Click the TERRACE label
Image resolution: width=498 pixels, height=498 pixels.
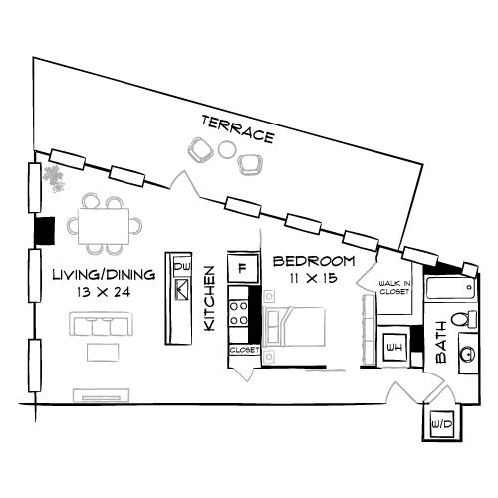(237, 128)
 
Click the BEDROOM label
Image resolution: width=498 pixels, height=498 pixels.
(314, 262)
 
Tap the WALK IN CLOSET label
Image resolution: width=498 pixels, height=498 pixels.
(395, 288)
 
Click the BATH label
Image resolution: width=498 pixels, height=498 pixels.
(441, 344)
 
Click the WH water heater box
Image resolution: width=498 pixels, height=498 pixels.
(394, 347)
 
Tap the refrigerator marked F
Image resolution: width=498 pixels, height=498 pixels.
(242, 268)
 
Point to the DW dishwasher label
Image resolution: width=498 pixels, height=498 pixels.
(182, 267)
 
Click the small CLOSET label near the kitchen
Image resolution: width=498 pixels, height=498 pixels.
(244, 351)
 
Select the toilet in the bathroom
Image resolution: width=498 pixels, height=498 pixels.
(461, 319)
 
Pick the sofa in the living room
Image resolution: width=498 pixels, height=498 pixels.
(100, 326)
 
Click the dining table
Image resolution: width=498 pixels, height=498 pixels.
(104, 226)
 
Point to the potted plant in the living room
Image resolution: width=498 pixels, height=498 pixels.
(53, 179)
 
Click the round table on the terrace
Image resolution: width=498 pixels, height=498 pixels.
(228, 150)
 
